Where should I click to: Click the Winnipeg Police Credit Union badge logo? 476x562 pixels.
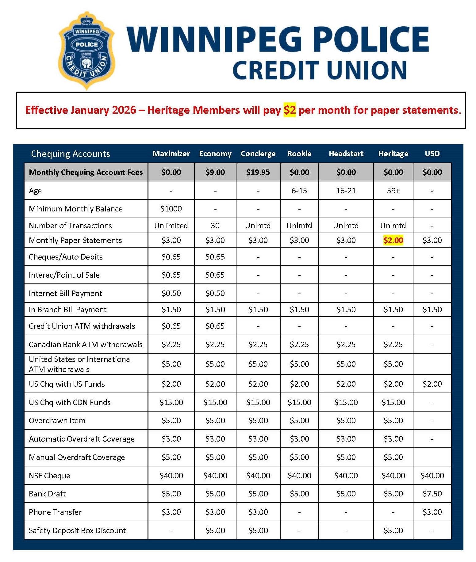[x=87, y=51]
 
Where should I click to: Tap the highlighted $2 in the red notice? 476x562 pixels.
[x=290, y=110]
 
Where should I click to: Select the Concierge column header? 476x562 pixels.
[x=258, y=154]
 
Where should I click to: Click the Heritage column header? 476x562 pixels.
[x=393, y=154]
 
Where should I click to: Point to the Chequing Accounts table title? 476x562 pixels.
[x=71, y=154]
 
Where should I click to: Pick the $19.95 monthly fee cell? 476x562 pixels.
[x=258, y=172]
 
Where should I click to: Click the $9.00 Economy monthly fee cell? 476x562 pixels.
[x=215, y=172]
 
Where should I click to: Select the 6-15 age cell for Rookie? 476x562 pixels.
[x=299, y=191]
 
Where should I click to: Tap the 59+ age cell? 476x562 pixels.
[x=393, y=191]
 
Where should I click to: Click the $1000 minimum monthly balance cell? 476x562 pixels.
[x=171, y=209]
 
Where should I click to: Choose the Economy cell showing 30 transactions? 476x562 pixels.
[x=215, y=226]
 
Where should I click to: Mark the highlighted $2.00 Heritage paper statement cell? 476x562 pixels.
[x=393, y=240]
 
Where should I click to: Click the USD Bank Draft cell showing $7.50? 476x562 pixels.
[x=432, y=494]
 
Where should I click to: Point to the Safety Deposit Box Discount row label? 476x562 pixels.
[x=77, y=530]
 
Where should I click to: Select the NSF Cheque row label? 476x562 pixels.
[x=50, y=476]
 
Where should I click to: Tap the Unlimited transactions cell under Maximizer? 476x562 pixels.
[x=171, y=226]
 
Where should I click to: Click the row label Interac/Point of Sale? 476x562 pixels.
[x=64, y=275]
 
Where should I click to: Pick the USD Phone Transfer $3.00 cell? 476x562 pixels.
[x=432, y=512]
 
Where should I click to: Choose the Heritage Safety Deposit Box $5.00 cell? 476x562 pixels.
[x=393, y=530]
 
